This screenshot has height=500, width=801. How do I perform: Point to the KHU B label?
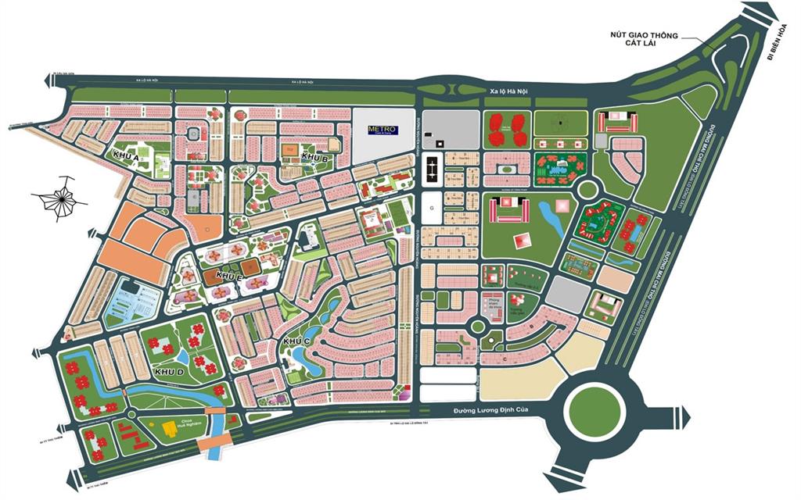tap(314, 158)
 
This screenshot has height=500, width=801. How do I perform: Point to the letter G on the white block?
tap(431, 208)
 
